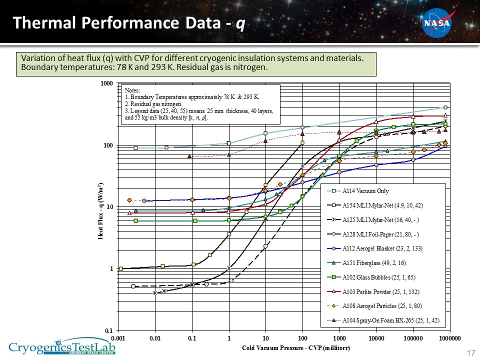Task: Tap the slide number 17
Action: coord(470,353)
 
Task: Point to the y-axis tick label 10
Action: coord(111,207)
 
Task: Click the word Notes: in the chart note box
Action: coord(132,90)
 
